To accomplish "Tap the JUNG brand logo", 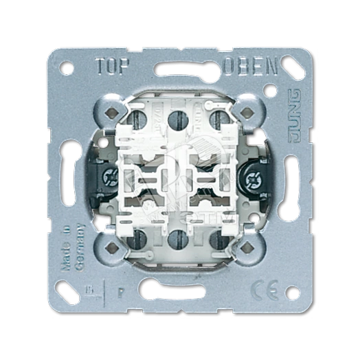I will [x=293, y=111].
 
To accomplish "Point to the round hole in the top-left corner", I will [x=67, y=67].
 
